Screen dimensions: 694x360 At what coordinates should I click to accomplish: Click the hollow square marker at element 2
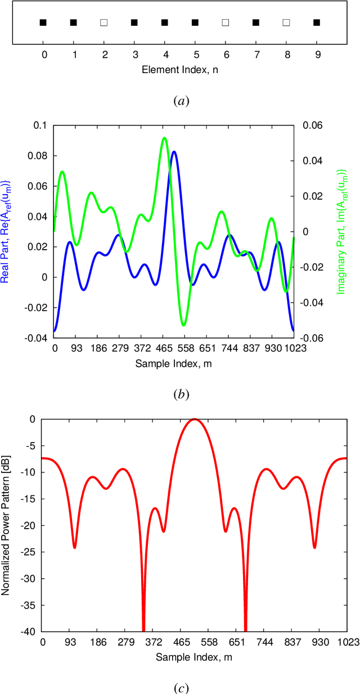(103, 22)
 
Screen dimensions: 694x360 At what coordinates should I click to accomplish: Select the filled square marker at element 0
(43, 22)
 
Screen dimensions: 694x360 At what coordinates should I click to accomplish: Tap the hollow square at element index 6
(225, 22)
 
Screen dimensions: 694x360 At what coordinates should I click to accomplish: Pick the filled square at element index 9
(316, 22)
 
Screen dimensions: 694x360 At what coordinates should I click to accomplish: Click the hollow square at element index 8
(286, 22)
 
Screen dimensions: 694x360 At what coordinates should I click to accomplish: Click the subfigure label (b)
(180, 394)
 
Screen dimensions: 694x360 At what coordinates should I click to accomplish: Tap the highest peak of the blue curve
(174, 152)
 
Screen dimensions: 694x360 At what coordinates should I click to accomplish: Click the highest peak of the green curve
(164, 138)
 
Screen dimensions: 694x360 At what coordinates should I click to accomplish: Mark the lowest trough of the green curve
(183, 325)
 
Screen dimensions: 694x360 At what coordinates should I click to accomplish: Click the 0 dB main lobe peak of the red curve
(195, 419)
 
